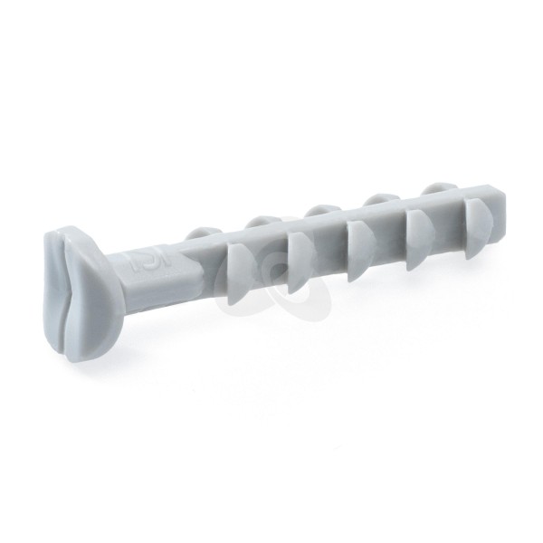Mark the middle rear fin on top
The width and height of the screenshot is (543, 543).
[x=319, y=210]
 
